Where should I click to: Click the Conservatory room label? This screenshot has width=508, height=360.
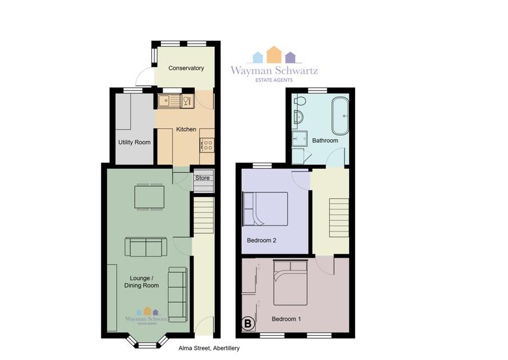point(186,68)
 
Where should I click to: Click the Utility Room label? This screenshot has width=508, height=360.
point(134,142)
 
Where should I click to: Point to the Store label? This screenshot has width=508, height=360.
point(202,178)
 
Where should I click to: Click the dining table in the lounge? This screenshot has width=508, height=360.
point(149,197)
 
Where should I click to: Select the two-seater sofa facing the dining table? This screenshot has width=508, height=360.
point(146,247)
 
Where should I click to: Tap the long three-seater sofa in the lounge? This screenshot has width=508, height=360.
point(178,295)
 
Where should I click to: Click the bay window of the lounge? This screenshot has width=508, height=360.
point(147,341)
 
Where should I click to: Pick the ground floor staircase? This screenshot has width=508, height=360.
point(204,215)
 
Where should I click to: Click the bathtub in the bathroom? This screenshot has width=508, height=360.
point(340,116)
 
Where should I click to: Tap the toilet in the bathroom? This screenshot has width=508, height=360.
point(300,101)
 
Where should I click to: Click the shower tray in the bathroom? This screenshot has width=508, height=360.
point(299,139)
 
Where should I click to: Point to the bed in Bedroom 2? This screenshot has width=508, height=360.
point(266,209)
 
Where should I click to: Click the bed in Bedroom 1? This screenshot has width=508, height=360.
point(290,282)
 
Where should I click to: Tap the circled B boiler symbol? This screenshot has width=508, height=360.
point(248,323)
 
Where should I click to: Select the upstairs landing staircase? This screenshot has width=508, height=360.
point(339,218)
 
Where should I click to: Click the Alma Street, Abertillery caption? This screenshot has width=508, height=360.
point(209,348)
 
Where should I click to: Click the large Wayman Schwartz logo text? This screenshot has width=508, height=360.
point(274,70)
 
